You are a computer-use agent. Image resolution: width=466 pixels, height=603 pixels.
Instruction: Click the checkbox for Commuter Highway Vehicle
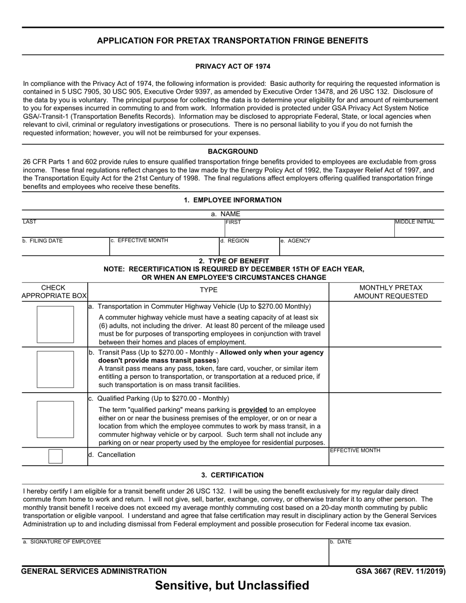(x=55, y=324)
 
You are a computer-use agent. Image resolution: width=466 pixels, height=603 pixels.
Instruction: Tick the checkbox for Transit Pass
(x=55, y=369)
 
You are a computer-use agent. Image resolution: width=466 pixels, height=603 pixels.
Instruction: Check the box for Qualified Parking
(x=55, y=419)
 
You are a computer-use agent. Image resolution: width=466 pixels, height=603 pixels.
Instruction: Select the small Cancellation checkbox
(x=55, y=456)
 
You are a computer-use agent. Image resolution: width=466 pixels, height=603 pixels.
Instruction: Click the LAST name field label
(x=29, y=222)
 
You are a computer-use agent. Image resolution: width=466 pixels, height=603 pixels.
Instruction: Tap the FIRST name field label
(x=233, y=222)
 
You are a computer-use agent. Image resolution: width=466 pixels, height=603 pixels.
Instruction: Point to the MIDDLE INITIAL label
(x=414, y=222)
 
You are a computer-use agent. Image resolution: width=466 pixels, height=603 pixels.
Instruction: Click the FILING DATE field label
(x=43, y=241)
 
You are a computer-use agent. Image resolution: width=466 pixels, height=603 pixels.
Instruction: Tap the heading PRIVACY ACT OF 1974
(x=233, y=66)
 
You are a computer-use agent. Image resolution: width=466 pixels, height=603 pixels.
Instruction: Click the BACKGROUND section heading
(x=233, y=151)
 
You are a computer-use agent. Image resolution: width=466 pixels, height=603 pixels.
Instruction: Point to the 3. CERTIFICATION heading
(x=233, y=475)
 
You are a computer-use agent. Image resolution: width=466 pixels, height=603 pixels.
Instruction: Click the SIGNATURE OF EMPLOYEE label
(x=62, y=542)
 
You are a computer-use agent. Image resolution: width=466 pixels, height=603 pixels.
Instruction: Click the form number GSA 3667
(x=401, y=571)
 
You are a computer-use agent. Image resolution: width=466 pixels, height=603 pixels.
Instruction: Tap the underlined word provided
(x=253, y=409)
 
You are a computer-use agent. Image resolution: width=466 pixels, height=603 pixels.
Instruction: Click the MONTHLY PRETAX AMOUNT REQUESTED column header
(x=391, y=292)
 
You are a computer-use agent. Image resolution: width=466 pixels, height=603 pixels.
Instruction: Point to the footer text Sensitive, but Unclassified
(x=233, y=585)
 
